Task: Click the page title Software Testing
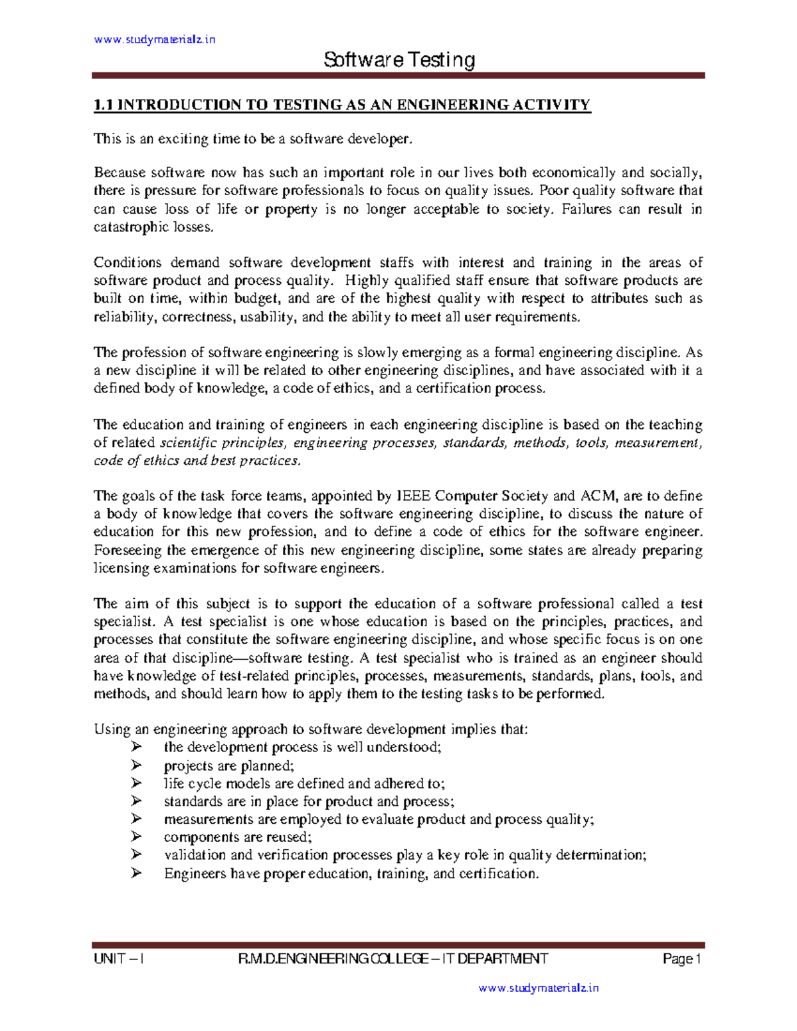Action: [x=399, y=60]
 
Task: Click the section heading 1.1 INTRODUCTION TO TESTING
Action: [x=342, y=105]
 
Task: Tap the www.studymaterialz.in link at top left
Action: [x=155, y=40]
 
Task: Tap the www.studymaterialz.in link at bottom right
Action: [x=538, y=988]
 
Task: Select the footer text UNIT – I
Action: [x=120, y=959]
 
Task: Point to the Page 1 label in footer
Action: [x=682, y=959]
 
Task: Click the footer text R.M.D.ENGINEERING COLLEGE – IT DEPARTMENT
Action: [x=393, y=959]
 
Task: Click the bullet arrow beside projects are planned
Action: [x=137, y=765]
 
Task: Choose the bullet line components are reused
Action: [x=237, y=837]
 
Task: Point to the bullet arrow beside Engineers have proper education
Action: [x=137, y=873]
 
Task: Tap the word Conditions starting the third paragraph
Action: [x=127, y=263]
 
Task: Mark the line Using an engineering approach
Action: [x=311, y=730]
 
